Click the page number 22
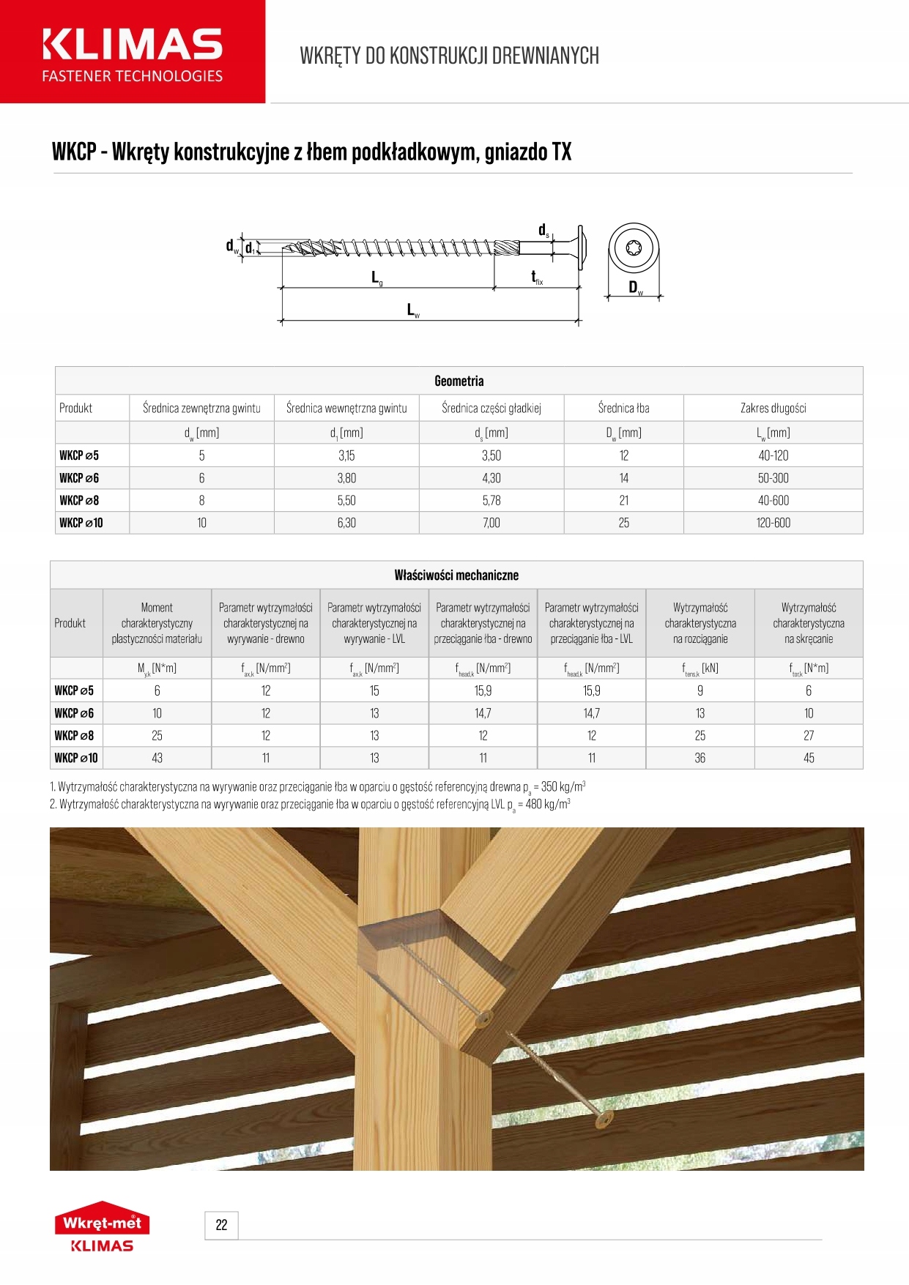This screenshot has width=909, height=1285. (x=221, y=1225)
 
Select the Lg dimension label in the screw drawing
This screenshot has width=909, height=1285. (x=376, y=278)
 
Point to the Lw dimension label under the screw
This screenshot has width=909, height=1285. (x=413, y=310)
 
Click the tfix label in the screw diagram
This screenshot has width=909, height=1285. (x=537, y=278)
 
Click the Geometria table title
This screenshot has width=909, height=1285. (x=459, y=381)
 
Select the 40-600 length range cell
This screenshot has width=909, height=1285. (x=773, y=501)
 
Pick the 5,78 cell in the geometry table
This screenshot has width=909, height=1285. (x=491, y=501)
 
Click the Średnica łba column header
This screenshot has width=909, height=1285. (x=623, y=409)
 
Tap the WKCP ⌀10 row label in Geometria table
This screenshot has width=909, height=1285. (x=81, y=523)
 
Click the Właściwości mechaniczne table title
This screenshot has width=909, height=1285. (x=456, y=576)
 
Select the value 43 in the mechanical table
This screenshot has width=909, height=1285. (x=157, y=759)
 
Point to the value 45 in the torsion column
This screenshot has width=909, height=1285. (x=809, y=759)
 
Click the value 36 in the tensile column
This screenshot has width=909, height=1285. (x=700, y=759)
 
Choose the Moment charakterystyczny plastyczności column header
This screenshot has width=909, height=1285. (x=157, y=623)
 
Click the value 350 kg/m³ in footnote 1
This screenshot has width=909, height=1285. (x=563, y=788)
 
